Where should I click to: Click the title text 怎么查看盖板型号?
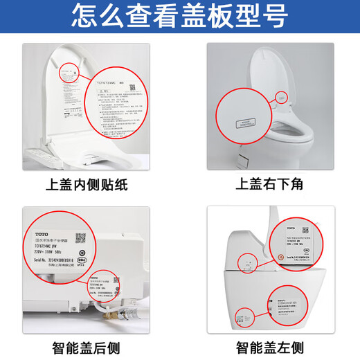click(x=179, y=15)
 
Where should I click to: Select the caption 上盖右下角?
click(x=269, y=185)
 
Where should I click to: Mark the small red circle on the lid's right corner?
click(x=281, y=98)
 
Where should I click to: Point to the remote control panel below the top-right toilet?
click(x=244, y=159)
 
